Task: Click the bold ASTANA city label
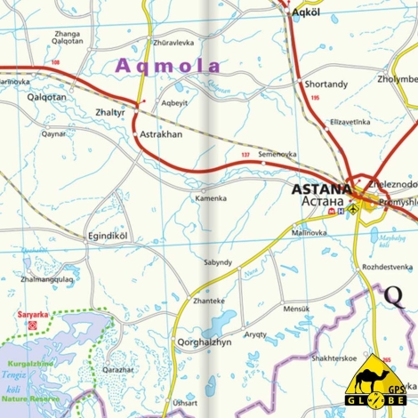click(321, 189)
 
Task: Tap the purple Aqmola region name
click(168, 65)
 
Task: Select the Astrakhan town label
click(160, 134)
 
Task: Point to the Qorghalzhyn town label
click(204, 342)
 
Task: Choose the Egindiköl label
click(108, 236)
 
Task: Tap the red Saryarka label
click(34, 314)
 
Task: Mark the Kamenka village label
click(211, 198)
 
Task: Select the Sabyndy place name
click(218, 262)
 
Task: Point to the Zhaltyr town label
click(110, 115)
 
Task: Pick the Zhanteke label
click(208, 301)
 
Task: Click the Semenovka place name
click(277, 154)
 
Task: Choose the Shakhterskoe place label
click(335, 358)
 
